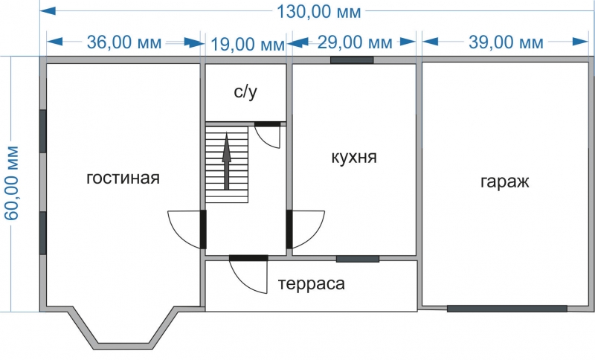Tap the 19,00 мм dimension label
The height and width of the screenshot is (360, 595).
pyautogui.click(x=247, y=45)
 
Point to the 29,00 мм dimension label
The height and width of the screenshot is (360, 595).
pyautogui.click(x=355, y=42)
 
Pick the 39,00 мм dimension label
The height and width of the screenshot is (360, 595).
pyautogui.click(x=506, y=42)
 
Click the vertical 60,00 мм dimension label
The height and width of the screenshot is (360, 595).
pyautogui.click(x=13, y=182)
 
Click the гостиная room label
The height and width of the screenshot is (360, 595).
pyautogui.click(x=123, y=179)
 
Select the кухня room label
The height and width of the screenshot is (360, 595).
pyautogui.click(x=354, y=158)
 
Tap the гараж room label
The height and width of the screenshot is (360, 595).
pyautogui.click(x=505, y=181)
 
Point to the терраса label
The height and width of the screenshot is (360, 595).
pyautogui.click(x=312, y=283)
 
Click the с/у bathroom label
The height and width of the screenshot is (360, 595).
pyautogui.click(x=245, y=92)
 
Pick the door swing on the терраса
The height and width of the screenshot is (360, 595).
pyautogui.click(x=248, y=276)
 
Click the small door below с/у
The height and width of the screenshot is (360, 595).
pyautogui.click(x=268, y=136)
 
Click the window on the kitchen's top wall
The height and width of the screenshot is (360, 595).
pyautogui.click(x=352, y=60)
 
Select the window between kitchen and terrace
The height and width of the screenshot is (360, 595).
pyautogui.click(x=357, y=259)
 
